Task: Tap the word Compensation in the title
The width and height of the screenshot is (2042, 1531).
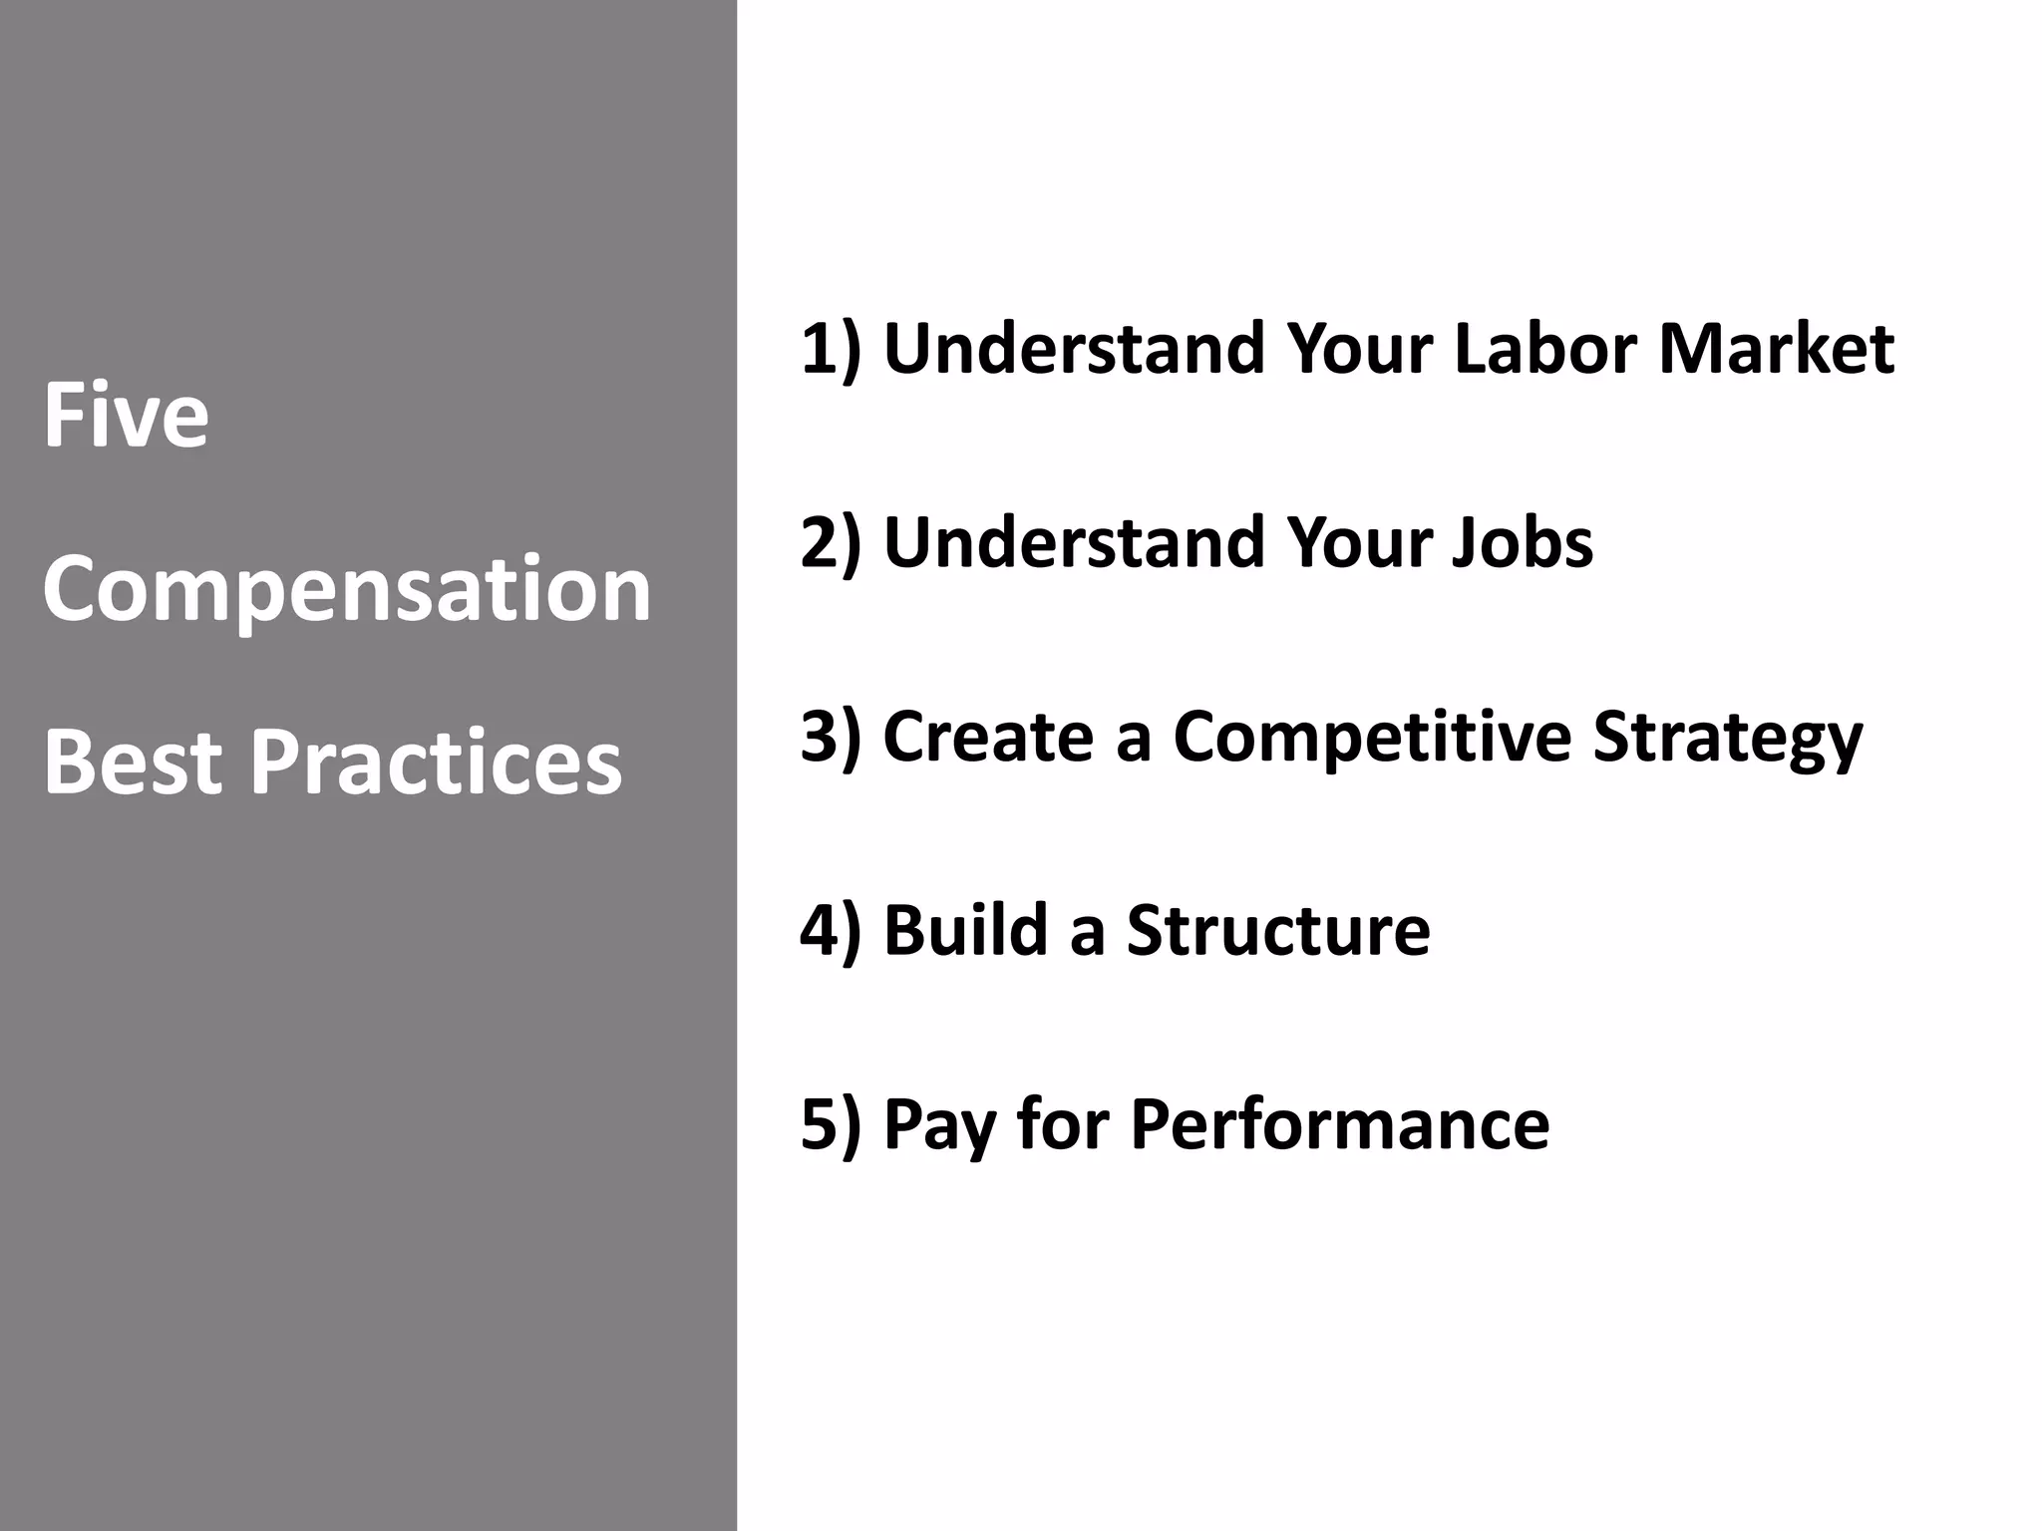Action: (x=347, y=590)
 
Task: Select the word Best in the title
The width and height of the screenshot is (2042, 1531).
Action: (x=133, y=762)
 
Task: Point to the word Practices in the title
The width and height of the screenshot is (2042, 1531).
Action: (x=436, y=762)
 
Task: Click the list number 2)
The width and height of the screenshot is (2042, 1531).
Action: (x=831, y=543)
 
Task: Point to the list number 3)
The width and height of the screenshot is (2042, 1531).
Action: (x=831, y=738)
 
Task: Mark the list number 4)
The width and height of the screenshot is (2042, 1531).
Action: (x=831, y=931)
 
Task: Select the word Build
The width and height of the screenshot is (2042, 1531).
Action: (x=965, y=931)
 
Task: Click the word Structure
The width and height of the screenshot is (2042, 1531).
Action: (x=1278, y=931)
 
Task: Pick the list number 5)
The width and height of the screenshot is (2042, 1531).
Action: (x=831, y=1124)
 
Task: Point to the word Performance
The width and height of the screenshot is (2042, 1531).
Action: (x=1340, y=1124)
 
